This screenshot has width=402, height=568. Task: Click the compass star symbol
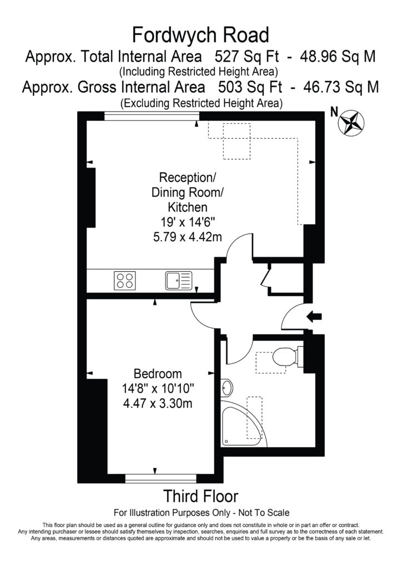[351, 123]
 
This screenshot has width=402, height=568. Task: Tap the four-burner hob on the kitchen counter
[125, 280]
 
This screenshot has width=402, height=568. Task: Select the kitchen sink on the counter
[179, 281]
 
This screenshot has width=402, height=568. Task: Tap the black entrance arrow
[314, 316]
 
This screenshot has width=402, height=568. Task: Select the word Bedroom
[158, 373]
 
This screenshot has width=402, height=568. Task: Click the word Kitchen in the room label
[188, 207]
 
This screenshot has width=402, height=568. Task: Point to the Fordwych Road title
[200, 35]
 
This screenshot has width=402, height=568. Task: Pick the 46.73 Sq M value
[341, 87]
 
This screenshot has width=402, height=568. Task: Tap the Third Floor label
[201, 496]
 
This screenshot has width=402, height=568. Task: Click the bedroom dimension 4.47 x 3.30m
[158, 403]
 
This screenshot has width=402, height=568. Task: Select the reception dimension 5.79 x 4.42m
[188, 237]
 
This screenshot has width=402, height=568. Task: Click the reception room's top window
[152, 116]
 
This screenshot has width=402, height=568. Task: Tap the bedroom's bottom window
[161, 479]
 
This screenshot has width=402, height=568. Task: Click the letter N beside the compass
[334, 112]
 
